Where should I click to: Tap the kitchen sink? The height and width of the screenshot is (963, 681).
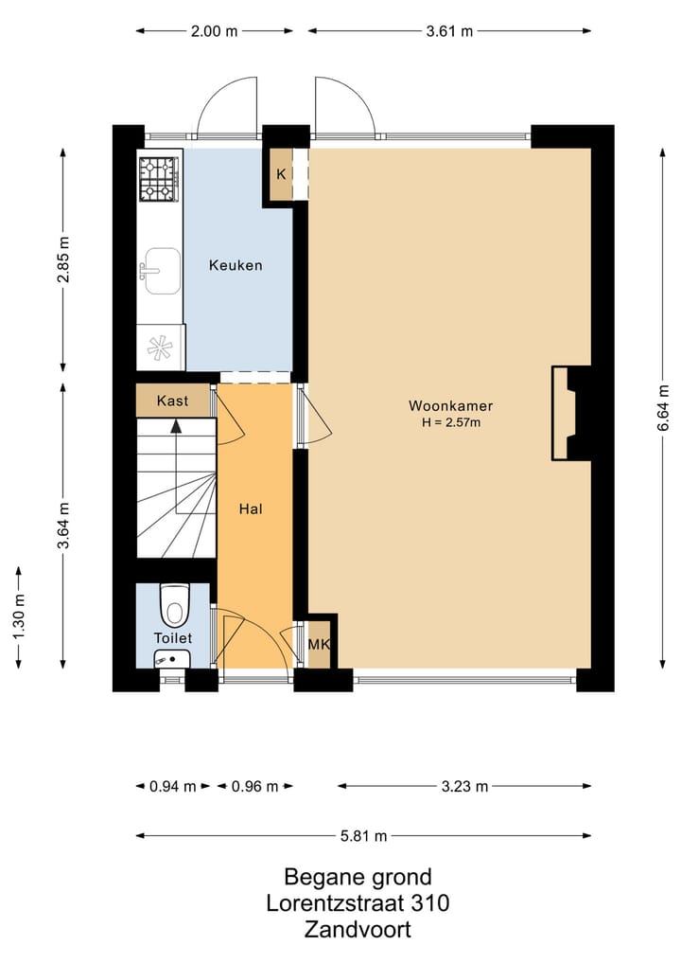[160, 272]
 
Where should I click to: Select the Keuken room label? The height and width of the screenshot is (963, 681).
[236, 265]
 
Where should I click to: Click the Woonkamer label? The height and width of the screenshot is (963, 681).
[451, 405]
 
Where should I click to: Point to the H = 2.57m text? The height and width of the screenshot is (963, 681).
[451, 422]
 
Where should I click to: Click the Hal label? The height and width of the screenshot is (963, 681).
[251, 508]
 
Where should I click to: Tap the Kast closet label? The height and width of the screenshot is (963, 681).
[172, 401]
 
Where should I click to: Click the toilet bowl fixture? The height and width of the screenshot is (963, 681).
[175, 604]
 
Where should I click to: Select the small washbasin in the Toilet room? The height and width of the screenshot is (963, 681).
[172, 658]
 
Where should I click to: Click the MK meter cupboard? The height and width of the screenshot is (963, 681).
[319, 645]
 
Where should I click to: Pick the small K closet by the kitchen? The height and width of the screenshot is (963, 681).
[281, 174]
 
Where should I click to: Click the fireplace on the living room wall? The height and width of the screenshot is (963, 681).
[571, 414]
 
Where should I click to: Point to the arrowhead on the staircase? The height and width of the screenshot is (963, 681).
[176, 424]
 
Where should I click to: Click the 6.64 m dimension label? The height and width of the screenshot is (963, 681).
[663, 408]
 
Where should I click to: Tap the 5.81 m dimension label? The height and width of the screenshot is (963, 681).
[364, 835]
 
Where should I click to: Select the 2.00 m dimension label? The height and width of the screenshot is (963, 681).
[214, 30]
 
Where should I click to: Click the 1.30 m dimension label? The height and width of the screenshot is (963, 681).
[19, 616]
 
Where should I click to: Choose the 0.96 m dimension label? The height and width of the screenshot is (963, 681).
[255, 786]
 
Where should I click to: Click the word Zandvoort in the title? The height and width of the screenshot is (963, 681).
[358, 929]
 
